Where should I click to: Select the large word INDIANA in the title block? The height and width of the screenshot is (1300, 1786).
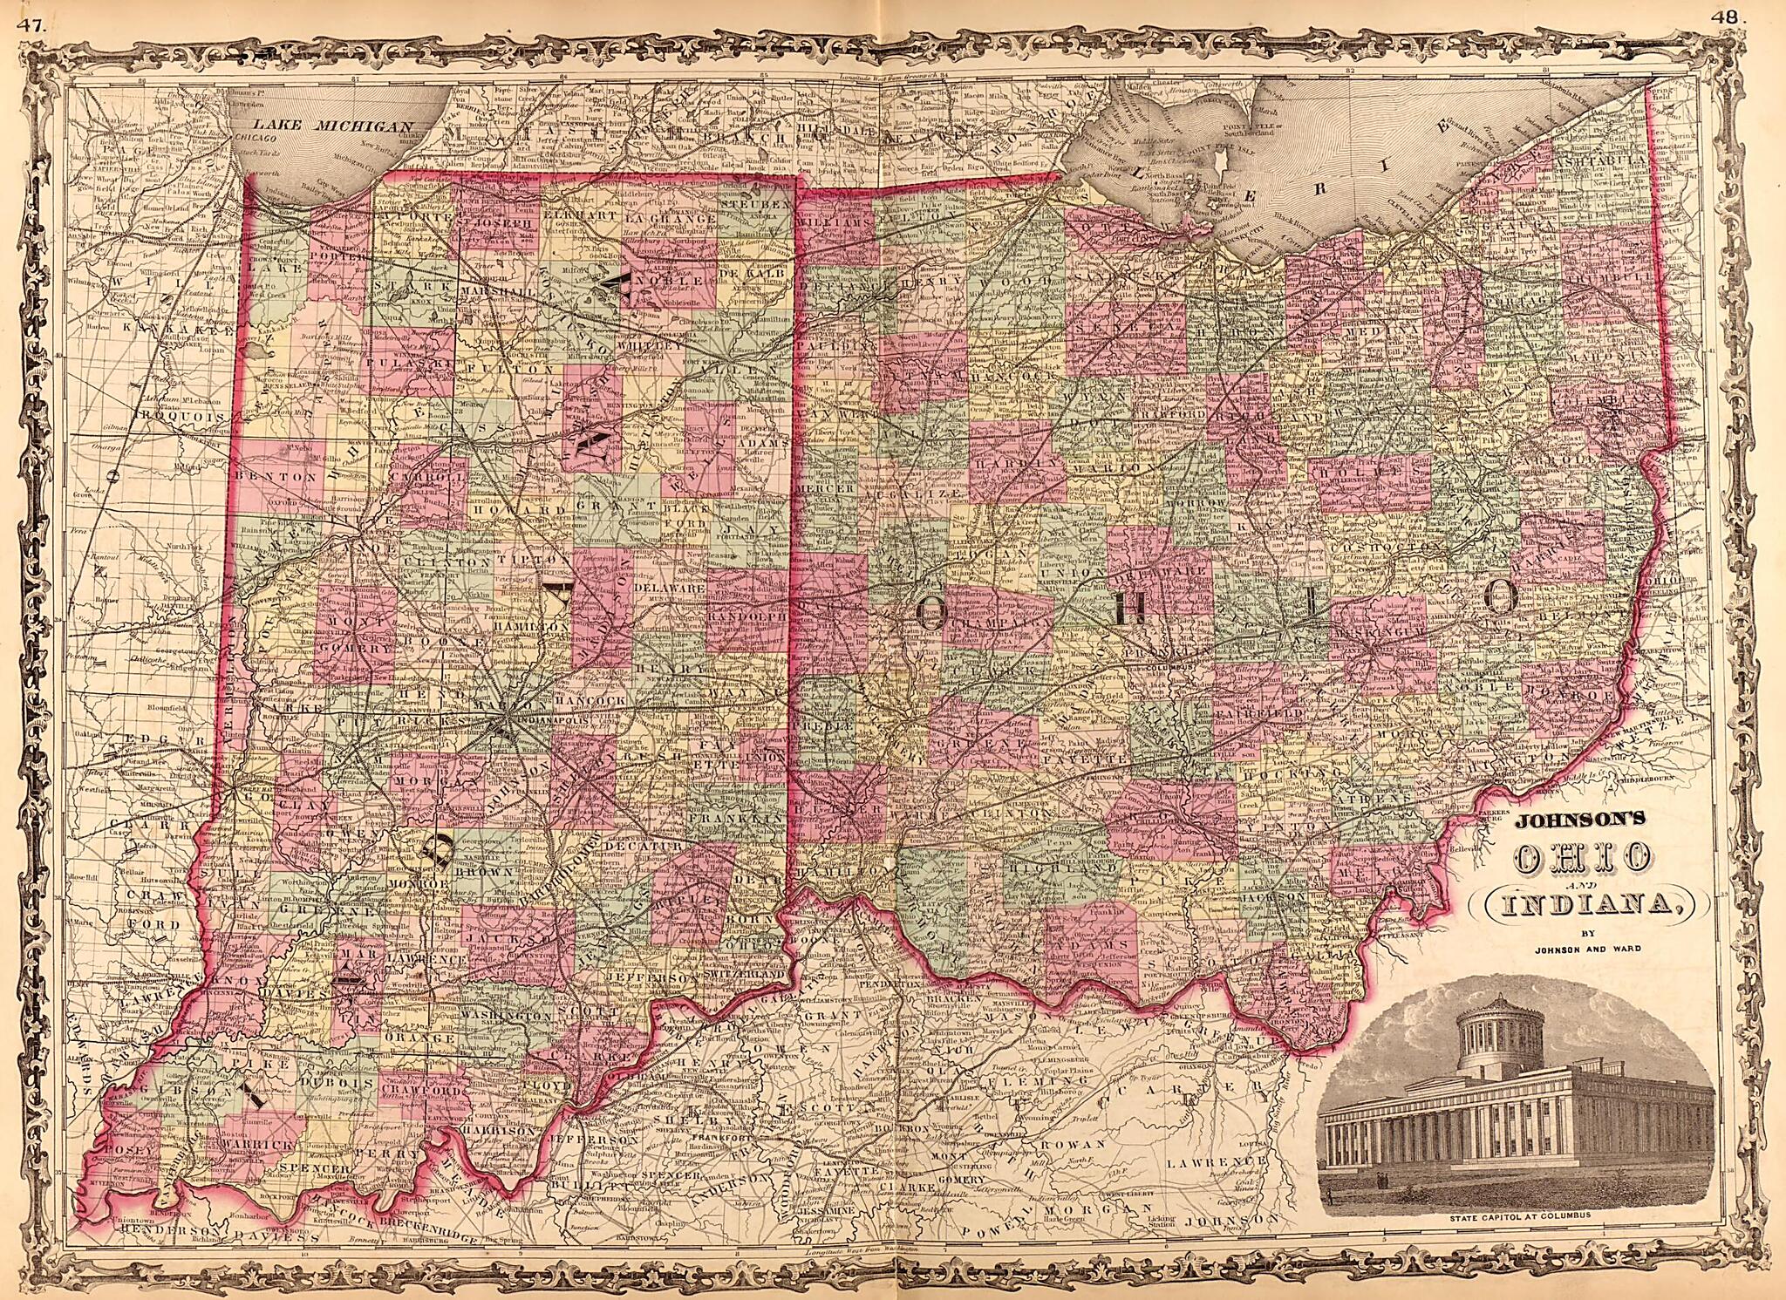pos(1578,907)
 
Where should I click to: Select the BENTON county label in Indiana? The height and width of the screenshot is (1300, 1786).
pos(269,477)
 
